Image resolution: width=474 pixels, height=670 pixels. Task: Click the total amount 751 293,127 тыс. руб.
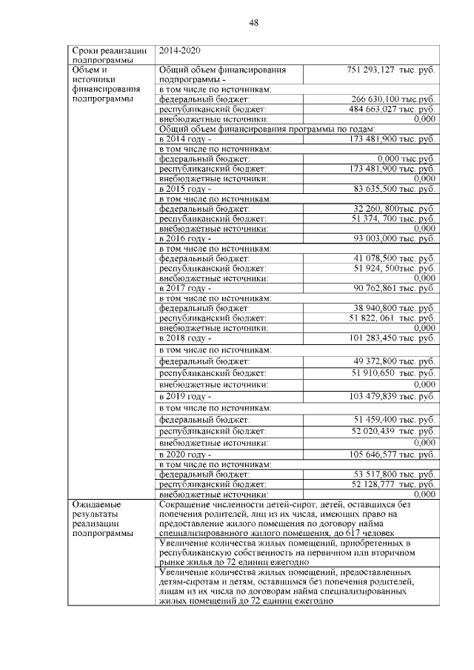pyautogui.click(x=390, y=69)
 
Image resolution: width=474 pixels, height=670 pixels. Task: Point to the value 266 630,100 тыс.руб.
pyautogui.click(x=393, y=98)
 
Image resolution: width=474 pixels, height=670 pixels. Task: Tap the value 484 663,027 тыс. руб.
pyautogui.click(x=392, y=109)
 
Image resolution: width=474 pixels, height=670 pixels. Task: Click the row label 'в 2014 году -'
pyautogui.click(x=185, y=138)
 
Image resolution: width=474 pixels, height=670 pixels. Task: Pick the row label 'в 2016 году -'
pyautogui.click(x=185, y=238)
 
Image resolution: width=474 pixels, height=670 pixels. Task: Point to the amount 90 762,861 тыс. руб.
pyautogui.click(x=393, y=288)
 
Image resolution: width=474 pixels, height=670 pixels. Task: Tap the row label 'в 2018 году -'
pyautogui.click(x=185, y=338)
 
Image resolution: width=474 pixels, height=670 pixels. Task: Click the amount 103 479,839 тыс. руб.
pyautogui.click(x=392, y=397)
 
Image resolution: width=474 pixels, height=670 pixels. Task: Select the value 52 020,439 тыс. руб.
pyautogui.click(x=393, y=430)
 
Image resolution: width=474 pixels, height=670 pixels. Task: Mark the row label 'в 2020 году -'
pyautogui.click(x=185, y=454)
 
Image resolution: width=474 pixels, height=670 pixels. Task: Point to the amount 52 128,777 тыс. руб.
pyautogui.click(x=393, y=484)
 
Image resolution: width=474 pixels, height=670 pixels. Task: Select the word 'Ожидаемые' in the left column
pyautogui.click(x=96, y=504)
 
